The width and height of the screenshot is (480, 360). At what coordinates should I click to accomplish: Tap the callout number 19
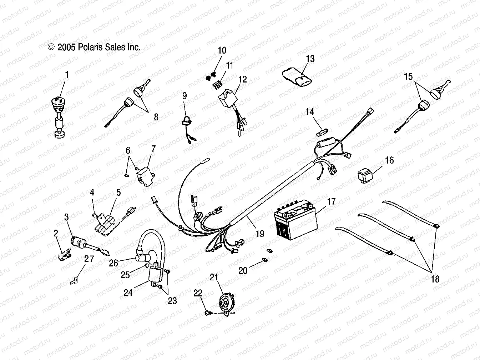pos(260,234)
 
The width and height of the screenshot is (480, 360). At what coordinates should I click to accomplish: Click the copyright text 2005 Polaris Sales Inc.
pos(94,47)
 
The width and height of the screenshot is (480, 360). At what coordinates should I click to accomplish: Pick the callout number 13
pos(310,59)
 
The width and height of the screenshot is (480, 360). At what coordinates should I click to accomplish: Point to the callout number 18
pos(435,279)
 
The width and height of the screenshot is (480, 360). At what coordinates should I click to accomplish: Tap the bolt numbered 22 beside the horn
pos(207,313)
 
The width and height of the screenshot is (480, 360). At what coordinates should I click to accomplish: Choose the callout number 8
pos(156,117)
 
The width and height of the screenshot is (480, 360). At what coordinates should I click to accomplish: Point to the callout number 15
pos(408,76)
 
